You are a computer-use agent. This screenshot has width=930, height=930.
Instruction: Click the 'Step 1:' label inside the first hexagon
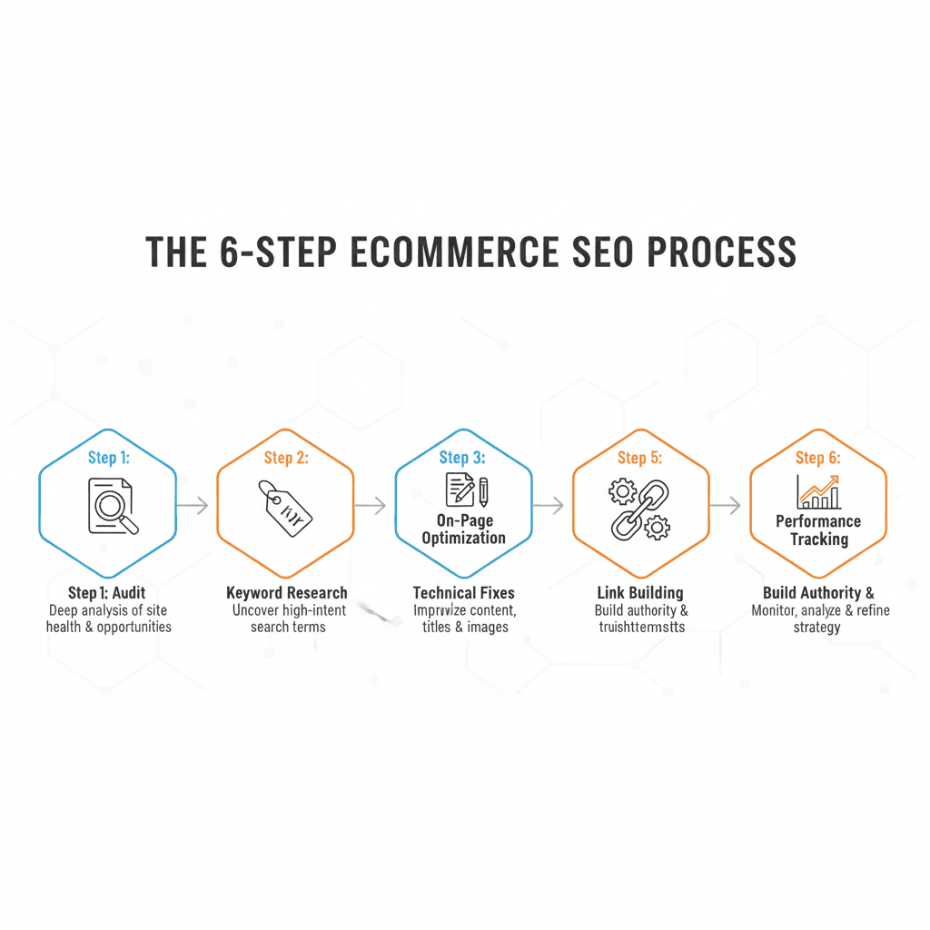pos(108,457)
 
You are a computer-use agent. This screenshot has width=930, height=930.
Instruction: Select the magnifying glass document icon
pos(111,505)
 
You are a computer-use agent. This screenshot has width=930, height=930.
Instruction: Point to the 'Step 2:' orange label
pos(286,457)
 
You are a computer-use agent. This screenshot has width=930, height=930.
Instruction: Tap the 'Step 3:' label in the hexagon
pos(463,457)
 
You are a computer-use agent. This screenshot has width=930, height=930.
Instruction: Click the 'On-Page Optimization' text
pos(463,529)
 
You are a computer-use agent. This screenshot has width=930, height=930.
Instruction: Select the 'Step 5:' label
pos(640,457)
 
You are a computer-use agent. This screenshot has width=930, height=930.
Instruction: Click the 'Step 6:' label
pos(817,457)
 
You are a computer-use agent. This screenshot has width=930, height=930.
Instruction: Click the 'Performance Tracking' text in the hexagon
pos(818,530)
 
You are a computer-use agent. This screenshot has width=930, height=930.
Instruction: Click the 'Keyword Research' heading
pos(286,593)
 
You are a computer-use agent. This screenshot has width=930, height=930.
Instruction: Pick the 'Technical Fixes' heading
pos(463,593)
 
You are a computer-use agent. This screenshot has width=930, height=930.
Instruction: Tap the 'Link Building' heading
pos(640,593)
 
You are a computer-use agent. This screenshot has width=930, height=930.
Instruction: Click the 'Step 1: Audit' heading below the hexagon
pos(107,593)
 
